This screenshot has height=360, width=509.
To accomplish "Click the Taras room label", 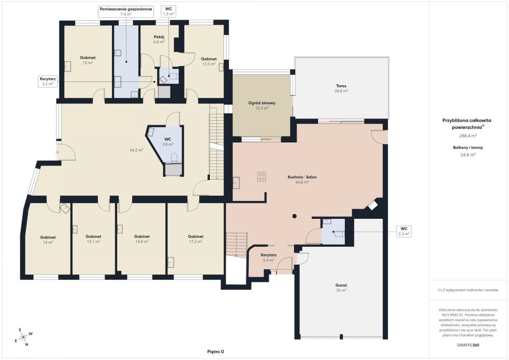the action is click(341, 86).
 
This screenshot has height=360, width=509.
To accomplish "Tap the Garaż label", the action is click(341, 285).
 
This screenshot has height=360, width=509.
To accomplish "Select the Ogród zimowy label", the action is click(262, 103).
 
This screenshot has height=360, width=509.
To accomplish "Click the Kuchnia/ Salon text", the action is click(302, 177).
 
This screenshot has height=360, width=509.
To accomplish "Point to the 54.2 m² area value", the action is click(136, 150).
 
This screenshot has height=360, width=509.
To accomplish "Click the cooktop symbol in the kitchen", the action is click(262, 177).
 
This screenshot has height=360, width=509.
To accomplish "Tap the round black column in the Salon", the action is click(294, 216).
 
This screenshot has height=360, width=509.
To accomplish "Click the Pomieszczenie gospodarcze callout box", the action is click(126, 11).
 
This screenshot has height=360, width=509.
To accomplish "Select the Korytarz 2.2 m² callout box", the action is click(48, 81).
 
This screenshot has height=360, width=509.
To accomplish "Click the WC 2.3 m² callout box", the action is click(404, 231).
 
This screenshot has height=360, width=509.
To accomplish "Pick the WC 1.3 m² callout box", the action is click(168, 11).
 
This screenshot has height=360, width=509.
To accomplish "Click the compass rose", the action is click(23, 337).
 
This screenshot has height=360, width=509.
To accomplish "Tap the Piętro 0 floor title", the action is click(215, 352).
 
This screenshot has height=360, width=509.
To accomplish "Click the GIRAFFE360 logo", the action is click(468, 345).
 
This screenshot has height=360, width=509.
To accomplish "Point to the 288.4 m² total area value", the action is click(468, 136).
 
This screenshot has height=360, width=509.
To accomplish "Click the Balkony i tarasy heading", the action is click(468, 148).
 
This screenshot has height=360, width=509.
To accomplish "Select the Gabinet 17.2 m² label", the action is click(196, 239).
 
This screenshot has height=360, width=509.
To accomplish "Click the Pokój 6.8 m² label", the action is click(159, 39).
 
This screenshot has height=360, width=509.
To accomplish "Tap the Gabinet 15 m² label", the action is click(88, 60).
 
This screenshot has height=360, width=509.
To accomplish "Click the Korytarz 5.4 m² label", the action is click(268, 257).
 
